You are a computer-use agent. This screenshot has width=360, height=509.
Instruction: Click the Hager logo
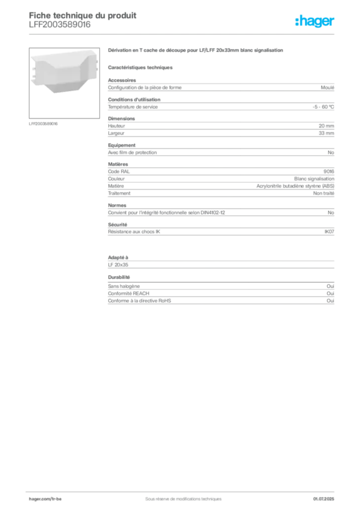pyautogui.click(x=315, y=21)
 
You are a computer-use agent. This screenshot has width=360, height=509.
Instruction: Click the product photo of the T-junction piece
pyautogui.click(x=64, y=73)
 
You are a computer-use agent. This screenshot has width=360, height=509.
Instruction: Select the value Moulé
pyautogui.click(x=327, y=87)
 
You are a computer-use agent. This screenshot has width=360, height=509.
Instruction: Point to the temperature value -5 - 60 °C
pyautogui.click(x=323, y=107)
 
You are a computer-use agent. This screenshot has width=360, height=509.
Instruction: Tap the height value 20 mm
pyautogui.click(x=326, y=126)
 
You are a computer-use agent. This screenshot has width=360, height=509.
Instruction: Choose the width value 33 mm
pyautogui.click(x=326, y=133)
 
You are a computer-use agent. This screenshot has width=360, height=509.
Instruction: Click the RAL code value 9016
pyautogui.click(x=329, y=171)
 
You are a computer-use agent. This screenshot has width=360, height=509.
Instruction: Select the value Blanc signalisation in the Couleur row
pyautogui.click(x=314, y=178)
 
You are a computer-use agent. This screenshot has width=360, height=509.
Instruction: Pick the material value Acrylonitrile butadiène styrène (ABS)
pyautogui.click(x=295, y=186)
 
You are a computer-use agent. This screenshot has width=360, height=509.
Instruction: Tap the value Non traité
pyautogui.click(x=324, y=193)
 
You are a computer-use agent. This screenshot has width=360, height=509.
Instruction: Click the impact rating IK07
pyautogui.click(x=329, y=232)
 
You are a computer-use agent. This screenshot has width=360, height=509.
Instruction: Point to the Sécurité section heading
pyautogui.click(x=117, y=224)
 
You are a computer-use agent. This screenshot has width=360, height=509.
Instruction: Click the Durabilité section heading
pyautogui.click(x=119, y=277)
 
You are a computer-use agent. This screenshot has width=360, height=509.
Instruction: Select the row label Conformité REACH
pyautogui.click(x=129, y=293)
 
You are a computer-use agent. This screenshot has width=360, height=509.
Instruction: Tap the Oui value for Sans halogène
pyautogui.click(x=331, y=286)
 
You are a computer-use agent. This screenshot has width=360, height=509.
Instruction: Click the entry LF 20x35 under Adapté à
pyautogui.click(x=118, y=264)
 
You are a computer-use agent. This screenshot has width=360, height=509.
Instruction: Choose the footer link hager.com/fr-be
pyautogui.click(x=45, y=499)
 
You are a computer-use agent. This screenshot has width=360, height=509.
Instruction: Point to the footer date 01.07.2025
pyautogui.click(x=324, y=499)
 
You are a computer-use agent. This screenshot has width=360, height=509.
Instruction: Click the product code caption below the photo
pyautogui.click(x=43, y=124)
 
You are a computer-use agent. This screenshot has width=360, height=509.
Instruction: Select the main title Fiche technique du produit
pyautogui.click(x=83, y=15)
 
